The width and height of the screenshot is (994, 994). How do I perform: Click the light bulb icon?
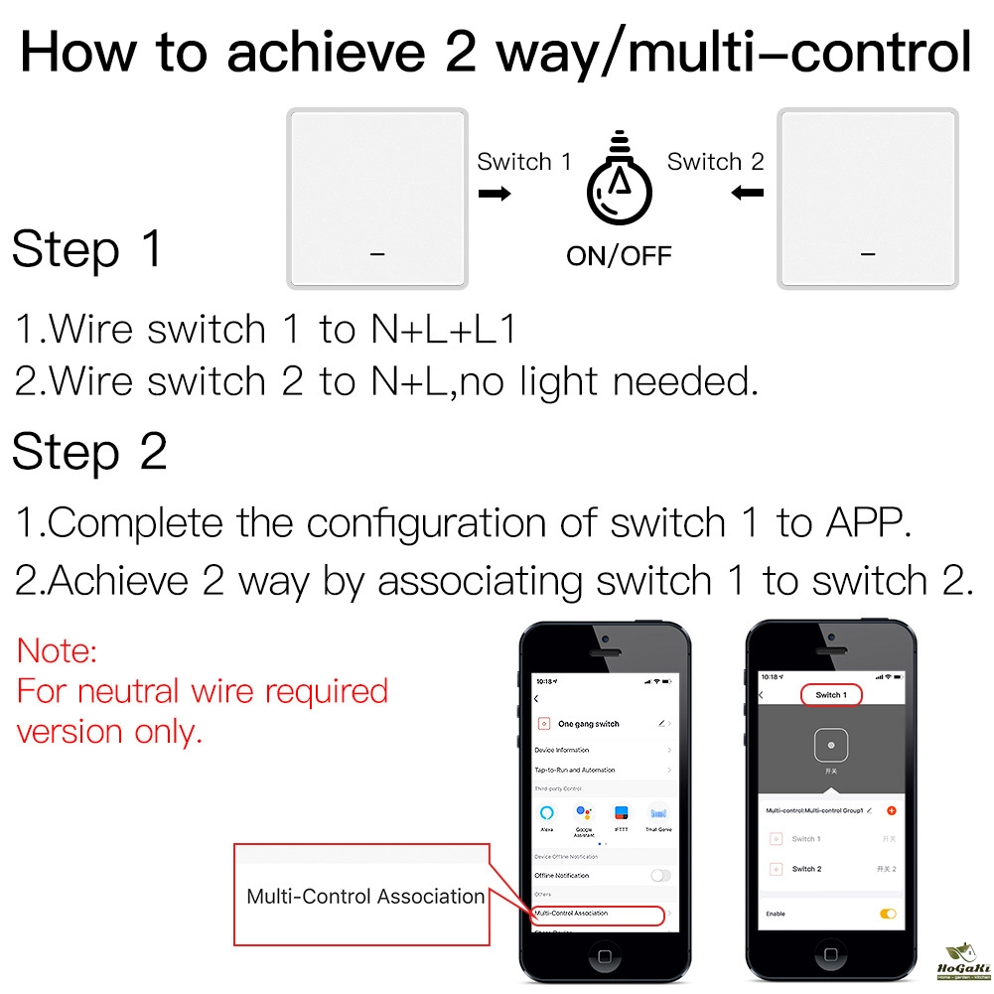(x=620, y=183)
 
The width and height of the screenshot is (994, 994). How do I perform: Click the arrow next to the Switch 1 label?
(x=495, y=193)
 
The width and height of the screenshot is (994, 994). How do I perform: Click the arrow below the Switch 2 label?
(x=747, y=193)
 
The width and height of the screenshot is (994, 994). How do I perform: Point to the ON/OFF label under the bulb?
(x=619, y=256)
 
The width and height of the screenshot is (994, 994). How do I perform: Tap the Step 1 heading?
(x=87, y=249)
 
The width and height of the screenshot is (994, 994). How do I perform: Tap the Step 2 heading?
(x=89, y=453)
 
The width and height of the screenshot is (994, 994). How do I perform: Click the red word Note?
(x=58, y=651)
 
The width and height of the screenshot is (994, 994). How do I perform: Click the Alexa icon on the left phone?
(x=547, y=813)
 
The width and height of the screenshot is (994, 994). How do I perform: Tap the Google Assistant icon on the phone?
(x=584, y=813)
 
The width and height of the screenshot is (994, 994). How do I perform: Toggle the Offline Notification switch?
(x=659, y=875)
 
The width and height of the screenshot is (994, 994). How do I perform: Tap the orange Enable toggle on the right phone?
(x=887, y=914)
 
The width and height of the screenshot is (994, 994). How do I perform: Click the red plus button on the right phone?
(x=891, y=810)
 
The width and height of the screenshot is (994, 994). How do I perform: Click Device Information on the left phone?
(x=562, y=750)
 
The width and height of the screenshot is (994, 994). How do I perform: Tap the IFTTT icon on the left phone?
(x=621, y=813)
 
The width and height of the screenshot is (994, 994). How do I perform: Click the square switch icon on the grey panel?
(x=827, y=745)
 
